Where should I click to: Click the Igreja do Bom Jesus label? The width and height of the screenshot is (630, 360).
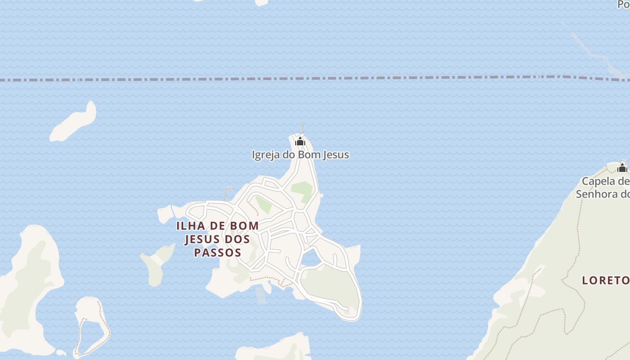tap(300, 155)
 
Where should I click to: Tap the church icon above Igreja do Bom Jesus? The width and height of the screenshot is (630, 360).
tap(300, 142)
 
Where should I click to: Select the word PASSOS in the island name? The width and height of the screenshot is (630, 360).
tap(218, 252)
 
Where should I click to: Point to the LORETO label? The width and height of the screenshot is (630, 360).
tap(606, 280)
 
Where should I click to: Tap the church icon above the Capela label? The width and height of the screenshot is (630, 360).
tap(622, 168)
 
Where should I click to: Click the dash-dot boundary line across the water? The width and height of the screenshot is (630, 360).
tap(315, 79)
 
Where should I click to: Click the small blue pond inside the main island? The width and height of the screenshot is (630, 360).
tap(310, 258)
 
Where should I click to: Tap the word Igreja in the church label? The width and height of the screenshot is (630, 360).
tap(265, 155)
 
